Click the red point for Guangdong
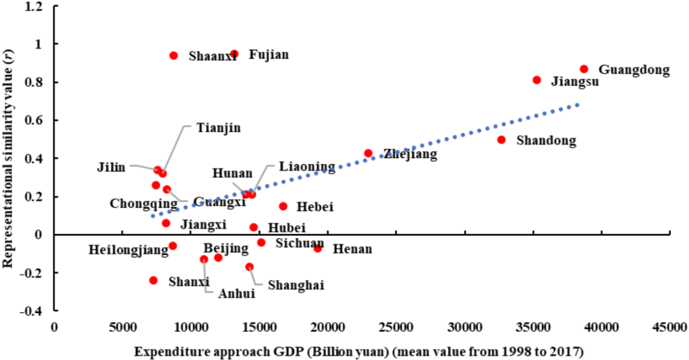pyautogui.click(x=583, y=69)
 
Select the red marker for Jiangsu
pyautogui.click(x=537, y=80)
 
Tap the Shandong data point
pyautogui.click(x=501, y=140)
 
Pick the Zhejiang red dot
pyautogui.click(x=368, y=153)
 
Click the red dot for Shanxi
pyautogui.click(x=154, y=280)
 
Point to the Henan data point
pyautogui.click(x=318, y=249)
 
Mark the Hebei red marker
pyautogui.click(x=283, y=206)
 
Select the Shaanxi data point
pyautogui.click(x=174, y=56)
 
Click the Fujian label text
pyautogui.click(x=268, y=54)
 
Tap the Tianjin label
pyautogui.click(x=219, y=127)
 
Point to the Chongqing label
pyautogui.click(x=144, y=203)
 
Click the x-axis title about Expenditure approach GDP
pyautogui.click(x=359, y=351)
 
